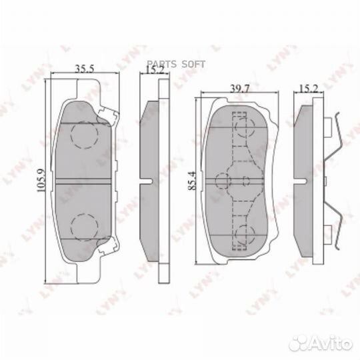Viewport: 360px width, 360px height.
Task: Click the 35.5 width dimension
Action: click(83, 68)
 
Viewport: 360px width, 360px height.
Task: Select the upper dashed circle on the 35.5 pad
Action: click(84, 137)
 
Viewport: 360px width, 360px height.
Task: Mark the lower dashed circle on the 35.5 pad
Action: click(84, 223)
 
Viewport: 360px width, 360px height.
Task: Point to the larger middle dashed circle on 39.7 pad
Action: click(223, 181)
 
